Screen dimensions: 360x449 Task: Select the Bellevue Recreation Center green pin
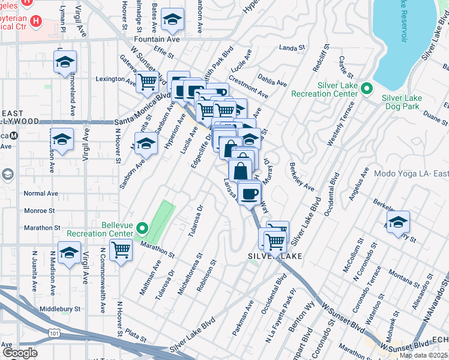[142, 228]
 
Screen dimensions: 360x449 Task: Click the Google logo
[20, 353]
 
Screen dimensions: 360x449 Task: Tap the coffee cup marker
[249, 193]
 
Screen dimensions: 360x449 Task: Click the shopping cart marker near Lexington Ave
[146, 82]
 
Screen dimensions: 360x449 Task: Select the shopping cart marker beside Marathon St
[121, 249]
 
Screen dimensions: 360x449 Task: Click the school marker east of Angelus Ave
[398, 221]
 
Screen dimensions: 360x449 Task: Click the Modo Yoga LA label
[411, 173]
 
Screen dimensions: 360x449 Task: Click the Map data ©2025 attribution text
[424, 355]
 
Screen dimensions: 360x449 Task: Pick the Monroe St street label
[39, 211]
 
